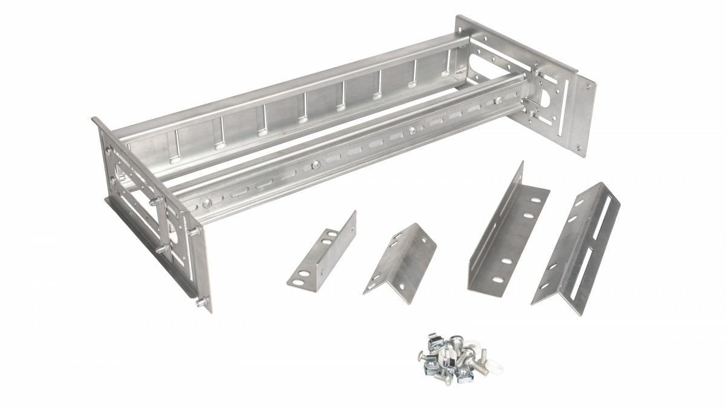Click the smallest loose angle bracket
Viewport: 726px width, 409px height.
point(321,249)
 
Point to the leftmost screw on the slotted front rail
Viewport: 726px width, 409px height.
point(208,204)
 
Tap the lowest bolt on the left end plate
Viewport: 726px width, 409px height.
point(200,302)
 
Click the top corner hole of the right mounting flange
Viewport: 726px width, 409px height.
point(585,87)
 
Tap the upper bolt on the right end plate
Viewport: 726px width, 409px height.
point(535,72)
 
